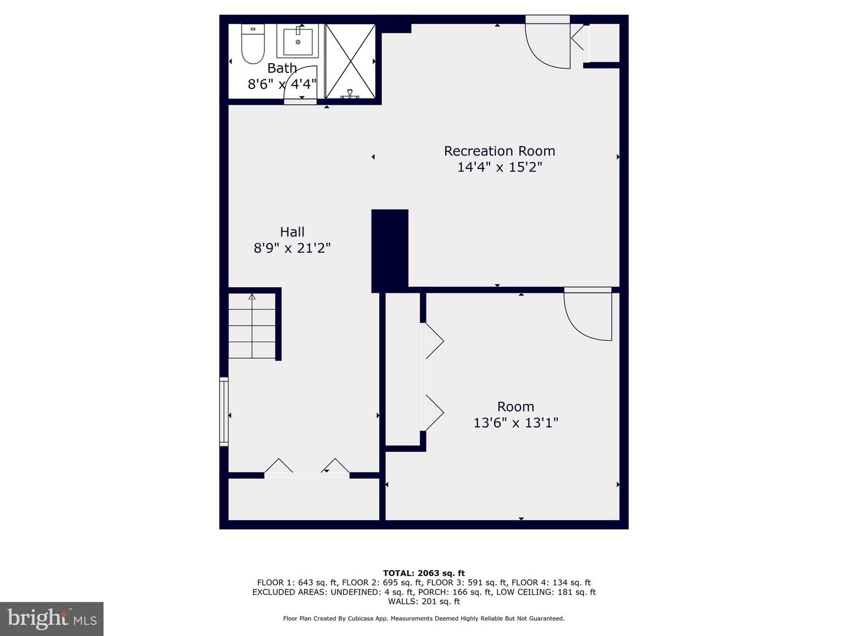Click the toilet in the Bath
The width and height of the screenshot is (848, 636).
(253, 44)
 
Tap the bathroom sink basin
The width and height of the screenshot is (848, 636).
(298, 42)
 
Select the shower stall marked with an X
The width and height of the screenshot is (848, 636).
(350, 61)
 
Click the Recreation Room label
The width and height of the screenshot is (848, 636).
(499, 151)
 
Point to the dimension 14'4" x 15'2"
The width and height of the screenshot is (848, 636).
(499, 167)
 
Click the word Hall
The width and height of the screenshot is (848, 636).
(292, 231)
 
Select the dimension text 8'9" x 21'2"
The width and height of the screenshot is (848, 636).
(292, 248)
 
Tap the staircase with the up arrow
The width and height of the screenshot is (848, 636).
(252, 326)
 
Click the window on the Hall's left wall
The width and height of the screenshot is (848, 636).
(224, 412)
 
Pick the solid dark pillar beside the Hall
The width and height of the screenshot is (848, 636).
(390, 251)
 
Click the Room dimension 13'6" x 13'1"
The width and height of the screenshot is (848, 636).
(516, 423)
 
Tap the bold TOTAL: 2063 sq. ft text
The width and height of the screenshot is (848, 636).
(424, 573)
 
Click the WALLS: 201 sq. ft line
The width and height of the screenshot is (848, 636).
(424, 601)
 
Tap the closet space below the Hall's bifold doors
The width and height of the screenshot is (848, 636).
(304, 500)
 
